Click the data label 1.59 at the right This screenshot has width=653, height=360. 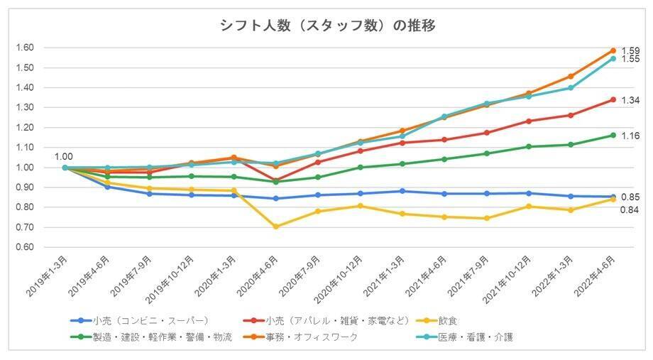pyautogui.click(x=630, y=51)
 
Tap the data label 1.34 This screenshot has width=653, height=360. pyautogui.click(x=630, y=101)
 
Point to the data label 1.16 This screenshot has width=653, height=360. pyautogui.click(x=630, y=136)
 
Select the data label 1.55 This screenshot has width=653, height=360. pyautogui.click(x=630, y=60)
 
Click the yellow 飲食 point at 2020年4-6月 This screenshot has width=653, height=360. pyautogui.click(x=276, y=227)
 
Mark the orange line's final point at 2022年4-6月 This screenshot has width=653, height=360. pyautogui.click(x=613, y=50)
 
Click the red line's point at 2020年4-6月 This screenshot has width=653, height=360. pyautogui.click(x=276, y=180)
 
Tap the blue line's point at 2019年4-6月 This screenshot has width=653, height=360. pyautogui.click(x=108, y=187)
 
